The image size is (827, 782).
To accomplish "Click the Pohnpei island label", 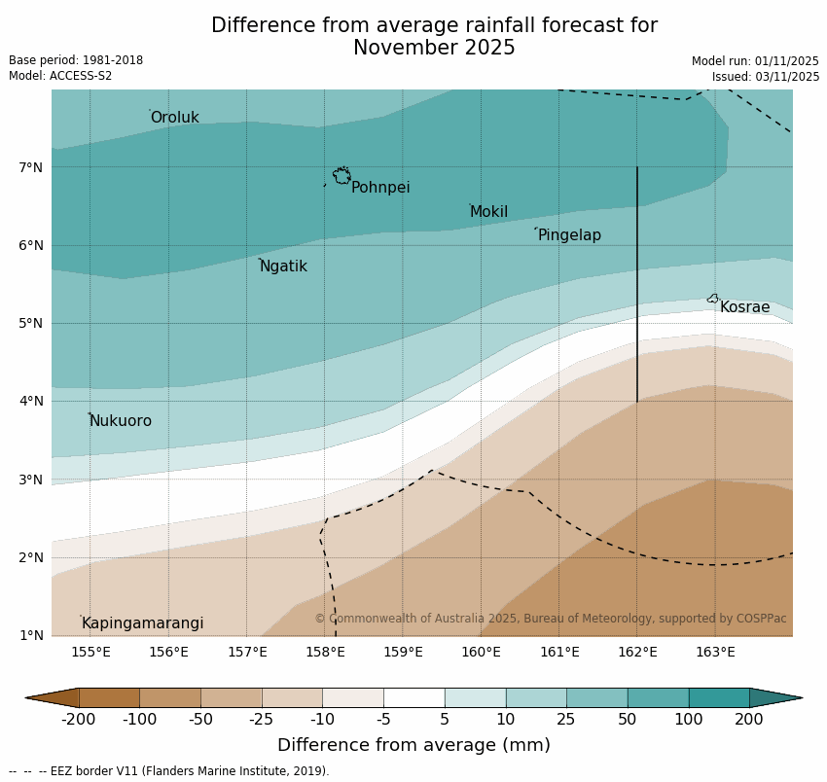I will [380, 188].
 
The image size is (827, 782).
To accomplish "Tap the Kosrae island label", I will [744, 307].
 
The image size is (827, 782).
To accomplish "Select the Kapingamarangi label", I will [142, 623].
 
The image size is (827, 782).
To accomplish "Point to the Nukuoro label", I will [120, 421].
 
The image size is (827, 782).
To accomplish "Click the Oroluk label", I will [174, 118].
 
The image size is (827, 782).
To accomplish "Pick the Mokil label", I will [488, 212].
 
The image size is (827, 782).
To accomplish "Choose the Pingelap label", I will [569, 235].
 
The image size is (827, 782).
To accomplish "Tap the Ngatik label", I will [283, 267].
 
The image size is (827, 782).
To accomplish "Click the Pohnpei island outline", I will [342, 176].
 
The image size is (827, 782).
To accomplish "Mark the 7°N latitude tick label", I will [31, 167].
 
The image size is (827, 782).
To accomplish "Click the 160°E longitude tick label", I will [481, 652].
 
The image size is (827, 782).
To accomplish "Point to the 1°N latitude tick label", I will [31, 635].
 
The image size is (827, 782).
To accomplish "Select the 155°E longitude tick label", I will [90, 652].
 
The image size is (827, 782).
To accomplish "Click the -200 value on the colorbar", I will [79, 720].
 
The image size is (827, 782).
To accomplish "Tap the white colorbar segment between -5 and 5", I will [413, 697].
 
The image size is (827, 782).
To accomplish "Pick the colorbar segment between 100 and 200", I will [719, 697].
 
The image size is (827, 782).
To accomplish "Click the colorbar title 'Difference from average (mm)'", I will [413, 745].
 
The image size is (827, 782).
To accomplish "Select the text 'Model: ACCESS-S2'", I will [60, 76].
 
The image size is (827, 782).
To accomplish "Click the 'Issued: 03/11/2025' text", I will [765, 77].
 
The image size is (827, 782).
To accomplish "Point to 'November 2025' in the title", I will [434, 48].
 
